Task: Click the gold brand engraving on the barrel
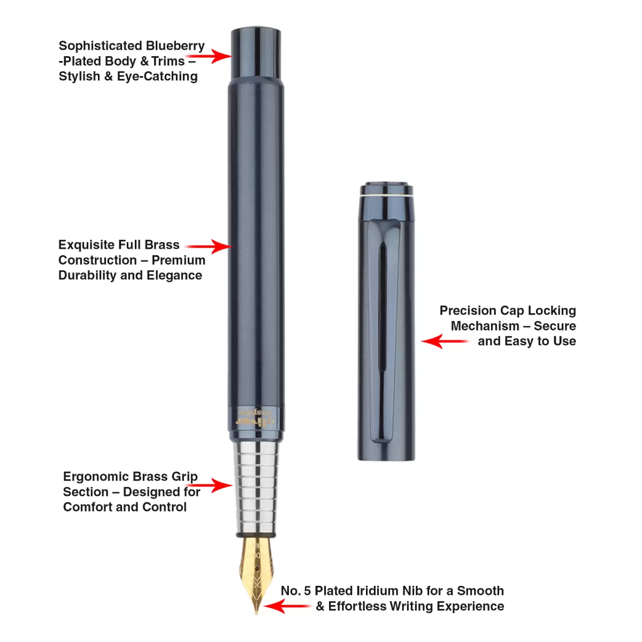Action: [256, 418]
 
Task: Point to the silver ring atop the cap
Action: [386, 196]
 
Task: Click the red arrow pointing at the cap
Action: [445, 341]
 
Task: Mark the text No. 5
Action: [295, 591]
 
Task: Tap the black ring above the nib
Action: [256, 534]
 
